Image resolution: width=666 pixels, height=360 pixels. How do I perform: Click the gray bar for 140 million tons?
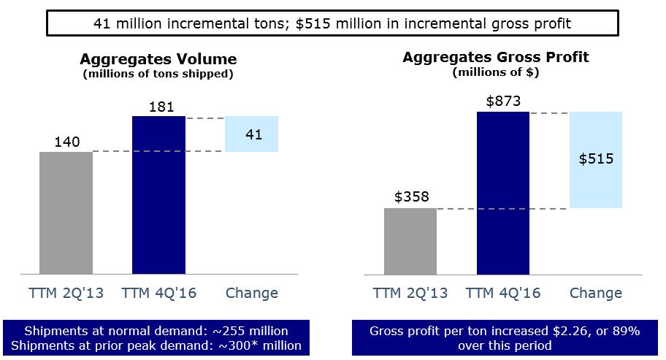click(x=66, y=212)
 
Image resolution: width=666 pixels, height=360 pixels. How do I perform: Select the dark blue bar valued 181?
click(x=158, y=194)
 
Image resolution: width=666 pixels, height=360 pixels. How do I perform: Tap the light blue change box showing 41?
click(x=252, y=134)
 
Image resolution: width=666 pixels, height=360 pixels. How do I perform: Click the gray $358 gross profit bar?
click(x=410, y=241)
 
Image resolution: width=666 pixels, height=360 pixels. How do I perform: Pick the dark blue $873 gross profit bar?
click(x=502, y=193)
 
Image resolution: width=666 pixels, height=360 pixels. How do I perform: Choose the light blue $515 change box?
click(x=596, y=160)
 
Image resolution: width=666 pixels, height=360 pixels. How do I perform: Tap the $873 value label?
click(x=503, y=102)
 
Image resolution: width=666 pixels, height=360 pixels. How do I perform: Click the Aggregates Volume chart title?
click(x=158, y=59)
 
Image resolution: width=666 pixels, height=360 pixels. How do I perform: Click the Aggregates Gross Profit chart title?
click(x=505, y=57)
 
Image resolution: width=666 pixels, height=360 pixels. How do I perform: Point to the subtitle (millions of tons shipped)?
click(x=158, y=73)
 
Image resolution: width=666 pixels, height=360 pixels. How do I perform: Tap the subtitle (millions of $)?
click(x=505, y=72)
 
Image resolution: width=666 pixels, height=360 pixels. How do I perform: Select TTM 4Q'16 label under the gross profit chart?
click(x=503, y=294)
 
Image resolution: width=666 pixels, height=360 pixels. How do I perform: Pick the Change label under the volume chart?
click(x=252, y=294)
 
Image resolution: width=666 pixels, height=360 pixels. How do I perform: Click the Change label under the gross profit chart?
click(x=596, y=294)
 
